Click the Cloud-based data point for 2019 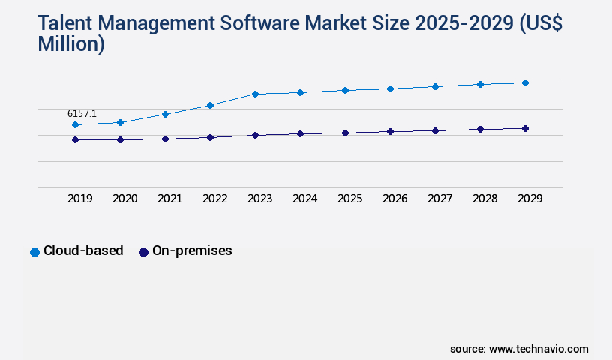click(75, 124)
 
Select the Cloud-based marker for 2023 click(255, 94)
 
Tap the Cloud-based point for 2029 click(525, 82)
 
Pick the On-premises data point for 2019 click(75, 139)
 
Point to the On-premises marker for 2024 click(300, 133)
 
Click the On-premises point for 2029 click(525, 128)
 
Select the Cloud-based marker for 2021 click(165, 114)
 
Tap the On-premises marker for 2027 click(435, 130)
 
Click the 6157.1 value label click(82, 113)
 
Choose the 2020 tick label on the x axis click(124, 199)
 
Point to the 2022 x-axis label click(214, 199)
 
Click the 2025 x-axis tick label click(349, 199)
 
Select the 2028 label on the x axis click(484, 199)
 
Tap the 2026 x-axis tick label click(394, 199)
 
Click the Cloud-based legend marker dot click(34, 252)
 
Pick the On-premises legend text click(192, 251)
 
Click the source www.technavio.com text click(519, 349)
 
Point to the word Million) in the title click(71, 45)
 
